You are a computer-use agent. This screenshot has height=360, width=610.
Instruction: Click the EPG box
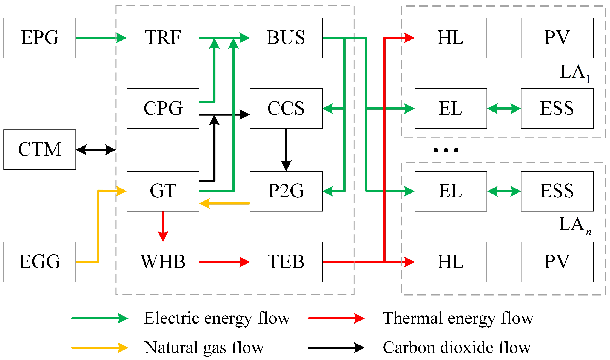coord(40,38)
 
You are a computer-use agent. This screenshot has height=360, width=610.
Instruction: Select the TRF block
coord(163,38)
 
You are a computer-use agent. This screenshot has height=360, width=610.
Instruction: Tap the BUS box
coord(286,38)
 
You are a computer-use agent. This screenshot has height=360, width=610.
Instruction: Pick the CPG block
coord(163,108)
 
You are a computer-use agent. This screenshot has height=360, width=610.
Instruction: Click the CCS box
coord(286,108)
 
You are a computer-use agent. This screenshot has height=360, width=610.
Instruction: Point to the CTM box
coord(40,150)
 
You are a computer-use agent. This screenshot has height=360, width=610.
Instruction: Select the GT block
coord(163,191)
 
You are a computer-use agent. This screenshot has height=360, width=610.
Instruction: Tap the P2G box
coord(286,191)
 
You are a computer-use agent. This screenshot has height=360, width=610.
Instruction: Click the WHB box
coord(163,262)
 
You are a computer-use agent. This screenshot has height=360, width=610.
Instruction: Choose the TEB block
coord(286,262)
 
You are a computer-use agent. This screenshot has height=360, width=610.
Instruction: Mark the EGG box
coord(40,262)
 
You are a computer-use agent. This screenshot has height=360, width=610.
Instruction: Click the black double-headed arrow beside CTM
coord(96,150)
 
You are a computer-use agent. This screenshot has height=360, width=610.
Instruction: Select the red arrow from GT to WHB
coord(163,226)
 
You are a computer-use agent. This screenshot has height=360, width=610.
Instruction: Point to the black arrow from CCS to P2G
coord(286,149)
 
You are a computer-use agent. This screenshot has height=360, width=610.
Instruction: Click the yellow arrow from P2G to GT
coord(224,203)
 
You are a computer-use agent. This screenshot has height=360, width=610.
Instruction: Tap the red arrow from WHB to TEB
coord(224,262)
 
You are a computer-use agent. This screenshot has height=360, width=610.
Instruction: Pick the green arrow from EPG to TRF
coord(101,38)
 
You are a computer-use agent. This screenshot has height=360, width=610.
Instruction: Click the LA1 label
coord(574,73)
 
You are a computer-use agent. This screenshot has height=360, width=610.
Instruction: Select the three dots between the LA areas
coord(446,150)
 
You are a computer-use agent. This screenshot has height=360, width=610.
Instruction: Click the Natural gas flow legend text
coord(204,348)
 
